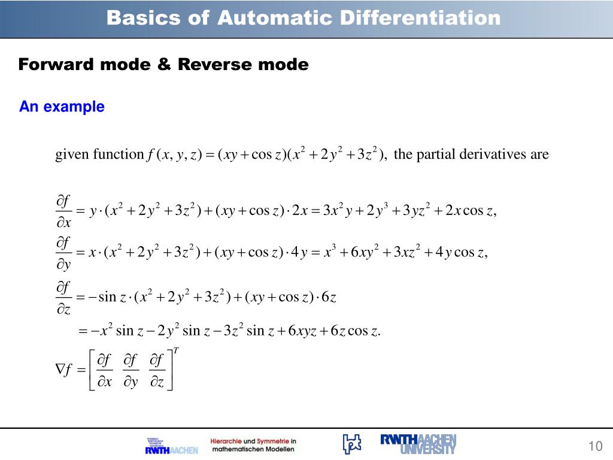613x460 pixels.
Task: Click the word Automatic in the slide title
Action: coord(274,18)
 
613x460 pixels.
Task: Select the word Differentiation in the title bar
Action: coord(420,18)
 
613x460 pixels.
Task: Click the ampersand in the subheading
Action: coord(164,64)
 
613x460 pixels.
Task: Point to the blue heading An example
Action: coord(62,107)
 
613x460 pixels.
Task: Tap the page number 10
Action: coord(594,446)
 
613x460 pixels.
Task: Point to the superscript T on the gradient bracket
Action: coord(177,350)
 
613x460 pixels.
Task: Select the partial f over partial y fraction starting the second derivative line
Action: coord(64,254)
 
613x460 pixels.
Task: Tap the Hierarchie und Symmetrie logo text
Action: coord(253,444)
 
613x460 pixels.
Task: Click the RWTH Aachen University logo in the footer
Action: coord(418,443)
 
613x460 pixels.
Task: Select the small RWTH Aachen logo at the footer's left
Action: coord(171,446)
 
